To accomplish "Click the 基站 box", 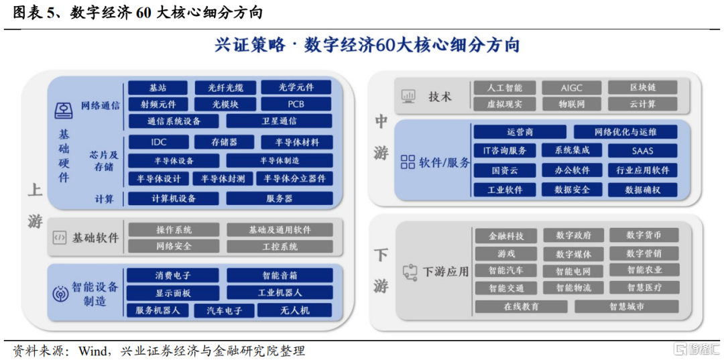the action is coord(158,87).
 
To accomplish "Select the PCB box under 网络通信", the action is coord(296,104).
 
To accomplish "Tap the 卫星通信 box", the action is coord(279,121).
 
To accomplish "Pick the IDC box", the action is coord(158,142).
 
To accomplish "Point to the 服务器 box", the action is coord(280,198).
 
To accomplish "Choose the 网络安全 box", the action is coord(174,246).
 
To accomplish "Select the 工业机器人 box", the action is coord(280,292).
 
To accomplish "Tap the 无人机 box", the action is coord(294,310).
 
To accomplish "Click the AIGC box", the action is coord(572,87).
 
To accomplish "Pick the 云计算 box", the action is coord(642,104).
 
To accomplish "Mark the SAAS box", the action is coord(642,150).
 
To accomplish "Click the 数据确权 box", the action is coord(642,190).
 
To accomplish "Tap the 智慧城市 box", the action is coord(627,306).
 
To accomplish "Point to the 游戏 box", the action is coord(506,253).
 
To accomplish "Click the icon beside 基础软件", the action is coord(60,238).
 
